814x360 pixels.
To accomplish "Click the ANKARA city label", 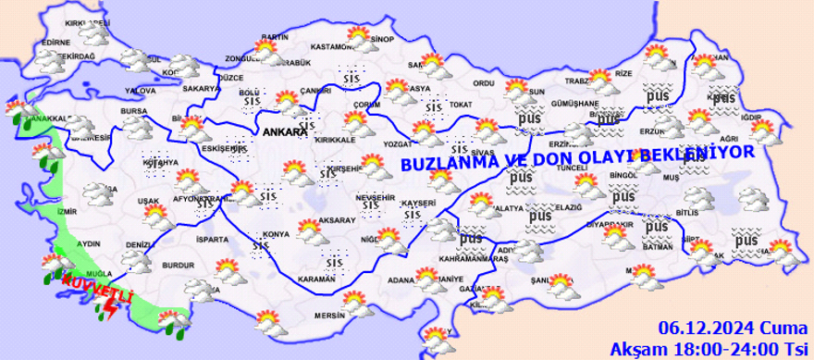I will point(284,131).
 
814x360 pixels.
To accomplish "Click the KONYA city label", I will point(275,234).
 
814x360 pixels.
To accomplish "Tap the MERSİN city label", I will point(329,315).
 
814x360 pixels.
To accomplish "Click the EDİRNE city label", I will point(55,42).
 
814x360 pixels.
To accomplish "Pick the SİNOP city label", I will point(381,40).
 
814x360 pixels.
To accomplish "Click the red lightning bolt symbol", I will point(112,310).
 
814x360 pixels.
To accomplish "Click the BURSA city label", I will point(135,111).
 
